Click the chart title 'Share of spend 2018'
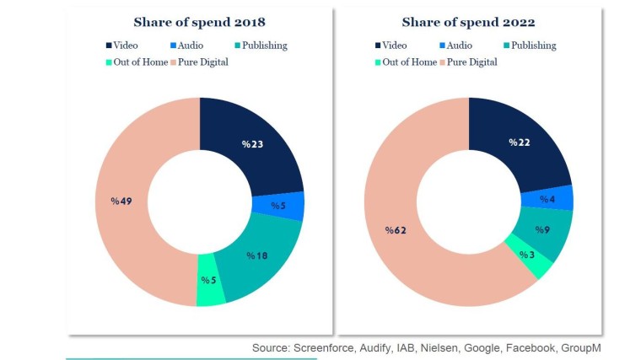click(199, 22)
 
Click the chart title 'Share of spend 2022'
click(468, 22)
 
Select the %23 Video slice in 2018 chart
click(252, 145)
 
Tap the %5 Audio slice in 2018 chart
click(278, 205)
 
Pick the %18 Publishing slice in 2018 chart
click(257, 255)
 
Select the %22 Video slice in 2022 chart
click(520, 142)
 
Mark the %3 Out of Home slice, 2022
click(526, 255)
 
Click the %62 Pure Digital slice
click(395, 229)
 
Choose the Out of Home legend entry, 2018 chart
click(138, 62)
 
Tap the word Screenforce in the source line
click(325, 347)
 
